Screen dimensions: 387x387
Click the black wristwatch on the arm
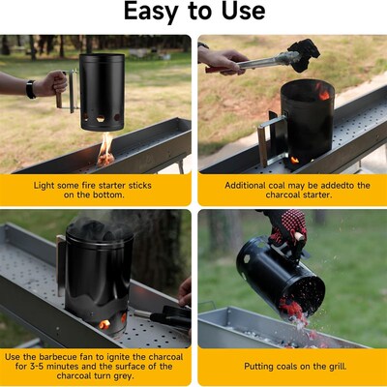(31, 89)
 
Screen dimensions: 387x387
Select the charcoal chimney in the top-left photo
(102, 93)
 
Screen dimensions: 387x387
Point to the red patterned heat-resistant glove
(287, 228)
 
